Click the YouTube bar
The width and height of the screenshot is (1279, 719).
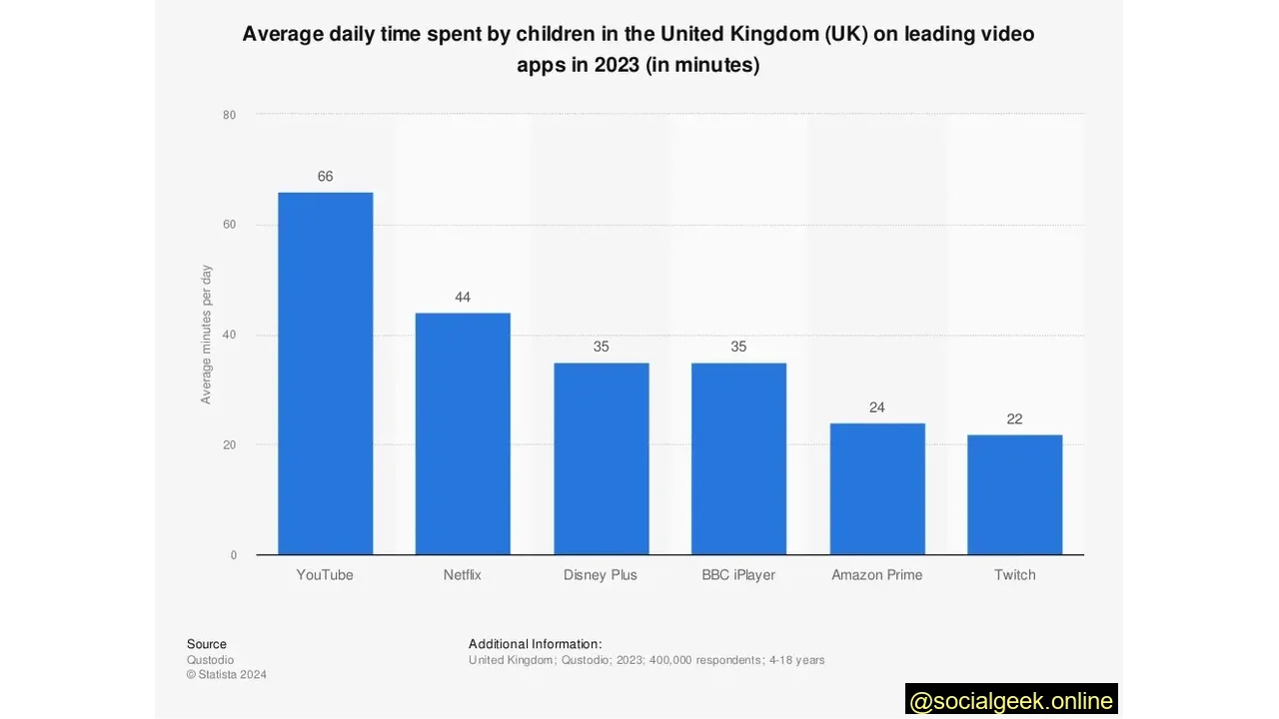[x=325, y=373]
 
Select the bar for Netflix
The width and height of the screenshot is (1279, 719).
[x=463, y=433]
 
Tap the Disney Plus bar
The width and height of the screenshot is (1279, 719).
[x=601, y=458]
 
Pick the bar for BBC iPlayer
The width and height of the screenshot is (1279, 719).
[x=738, y=458]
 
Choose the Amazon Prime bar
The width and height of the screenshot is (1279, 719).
[x=876, y=488]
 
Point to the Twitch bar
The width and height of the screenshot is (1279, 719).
[x=1014, y=494]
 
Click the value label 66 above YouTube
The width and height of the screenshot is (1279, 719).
[x=325, y=177]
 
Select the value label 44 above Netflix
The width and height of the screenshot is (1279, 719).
[x=463, y=298]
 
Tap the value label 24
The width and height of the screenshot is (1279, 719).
[x=876, y=407]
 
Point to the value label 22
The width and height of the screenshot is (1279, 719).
[x=1014, y=419]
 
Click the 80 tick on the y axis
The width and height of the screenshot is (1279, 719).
[x=230, y=115]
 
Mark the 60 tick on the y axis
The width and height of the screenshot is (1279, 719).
[x=230, y=225]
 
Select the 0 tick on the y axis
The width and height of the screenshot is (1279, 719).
[x=234, y=555]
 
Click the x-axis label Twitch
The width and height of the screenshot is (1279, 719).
[x=1014, y=575]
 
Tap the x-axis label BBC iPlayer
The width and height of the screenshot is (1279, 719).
[x=738, y=575]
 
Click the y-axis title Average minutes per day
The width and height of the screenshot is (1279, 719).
[x=207, y=335]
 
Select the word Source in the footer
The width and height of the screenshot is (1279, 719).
[x=207, y=644]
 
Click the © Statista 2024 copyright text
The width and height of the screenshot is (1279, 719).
[x=227, y=675]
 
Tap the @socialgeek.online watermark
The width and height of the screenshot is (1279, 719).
[x=1011, y=700]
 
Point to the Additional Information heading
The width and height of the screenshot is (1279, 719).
[x=535, y=644]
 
